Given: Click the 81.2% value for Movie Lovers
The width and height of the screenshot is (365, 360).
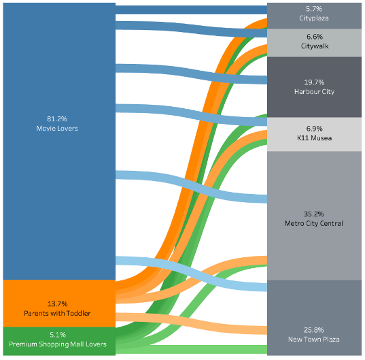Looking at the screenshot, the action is coord(57,119).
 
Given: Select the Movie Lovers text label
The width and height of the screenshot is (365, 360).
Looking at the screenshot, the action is coord(57,128).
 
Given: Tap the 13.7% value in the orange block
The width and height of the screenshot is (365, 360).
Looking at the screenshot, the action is coord(58,304).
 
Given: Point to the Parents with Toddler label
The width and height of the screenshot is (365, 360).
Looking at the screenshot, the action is coord(57,313).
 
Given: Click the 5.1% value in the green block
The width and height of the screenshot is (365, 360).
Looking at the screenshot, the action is coord(58,335).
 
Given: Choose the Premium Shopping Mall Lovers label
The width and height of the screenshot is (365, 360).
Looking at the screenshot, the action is coord(58,344).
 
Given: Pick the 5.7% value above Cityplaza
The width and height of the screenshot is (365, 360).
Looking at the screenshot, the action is coord(314,9).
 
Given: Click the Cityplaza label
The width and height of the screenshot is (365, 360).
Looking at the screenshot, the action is coord(314,18).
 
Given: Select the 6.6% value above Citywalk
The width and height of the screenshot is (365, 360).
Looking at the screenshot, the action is coord(315,37).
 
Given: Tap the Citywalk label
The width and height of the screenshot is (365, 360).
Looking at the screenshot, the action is coord(315,46).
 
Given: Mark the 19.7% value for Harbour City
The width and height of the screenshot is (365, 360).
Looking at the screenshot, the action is coord(314,82).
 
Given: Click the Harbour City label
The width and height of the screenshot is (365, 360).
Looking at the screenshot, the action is coord(314,92).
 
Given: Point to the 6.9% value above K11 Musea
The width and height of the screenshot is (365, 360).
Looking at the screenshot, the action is coord(315,129).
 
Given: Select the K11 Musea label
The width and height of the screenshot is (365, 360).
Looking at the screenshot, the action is coord(315,138).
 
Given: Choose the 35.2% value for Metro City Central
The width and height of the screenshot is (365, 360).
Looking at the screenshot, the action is coord(314,214).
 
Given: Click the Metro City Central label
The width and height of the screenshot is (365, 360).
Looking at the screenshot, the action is coord(314,223).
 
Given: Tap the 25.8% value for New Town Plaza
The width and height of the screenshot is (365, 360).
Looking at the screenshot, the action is coord(314,330).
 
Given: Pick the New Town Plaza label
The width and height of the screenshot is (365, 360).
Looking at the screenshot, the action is coord(314,340).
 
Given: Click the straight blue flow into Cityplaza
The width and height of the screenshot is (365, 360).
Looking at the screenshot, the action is coord(192,10).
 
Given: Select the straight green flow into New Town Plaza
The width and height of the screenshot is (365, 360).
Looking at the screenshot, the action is coord(192,349).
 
